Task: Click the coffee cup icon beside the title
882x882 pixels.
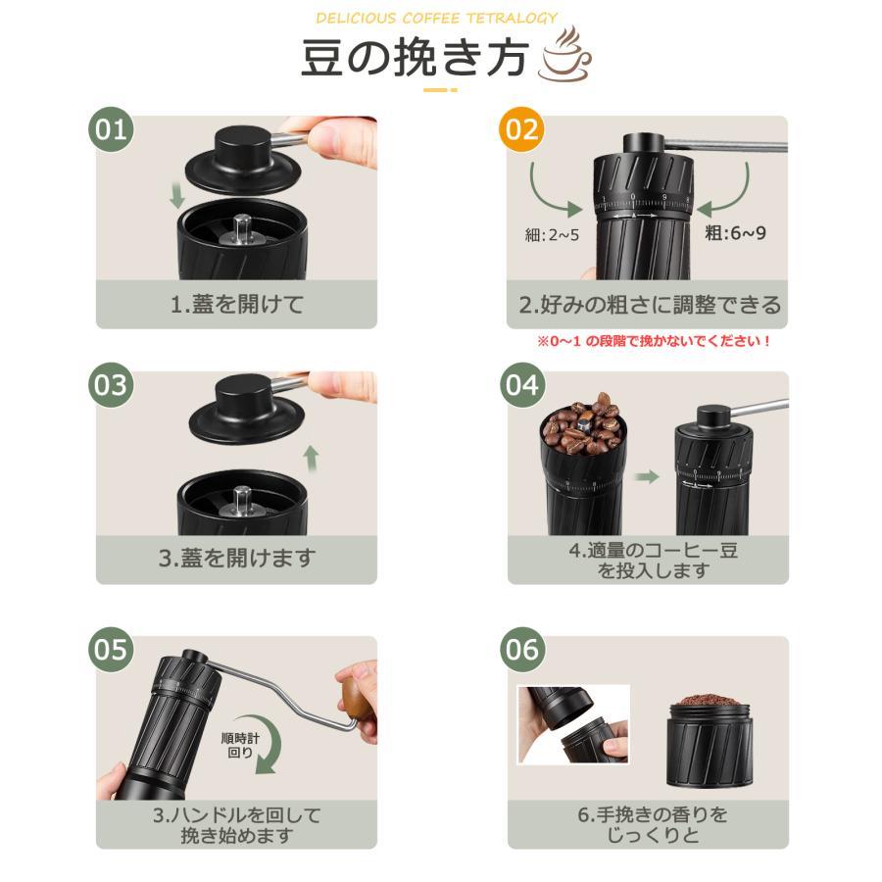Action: [x=564, y=54]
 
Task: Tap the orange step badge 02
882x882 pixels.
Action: [x=521, y=129]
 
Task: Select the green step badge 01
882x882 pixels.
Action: [x=111, y=129]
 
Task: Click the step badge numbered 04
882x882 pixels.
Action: [x=522, y=385]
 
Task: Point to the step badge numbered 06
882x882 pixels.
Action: [x=522, y=650]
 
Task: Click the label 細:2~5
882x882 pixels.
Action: [x=552, y=235]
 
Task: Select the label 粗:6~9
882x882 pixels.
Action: [x=735, y=232]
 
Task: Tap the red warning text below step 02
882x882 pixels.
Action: [x=653, y=341]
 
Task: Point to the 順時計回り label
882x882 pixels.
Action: [x=240, y=745]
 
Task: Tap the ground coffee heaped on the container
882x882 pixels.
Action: [x=709, y=702]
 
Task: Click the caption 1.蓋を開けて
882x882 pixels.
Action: [x=237, y=305]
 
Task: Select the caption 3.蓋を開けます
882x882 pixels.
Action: [x=237, y=558]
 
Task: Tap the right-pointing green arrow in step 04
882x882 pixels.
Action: [x=647, y=477]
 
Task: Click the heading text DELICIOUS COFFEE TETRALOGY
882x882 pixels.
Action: [x=436, y=18]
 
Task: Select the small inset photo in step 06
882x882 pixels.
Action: [x=573, y=725]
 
